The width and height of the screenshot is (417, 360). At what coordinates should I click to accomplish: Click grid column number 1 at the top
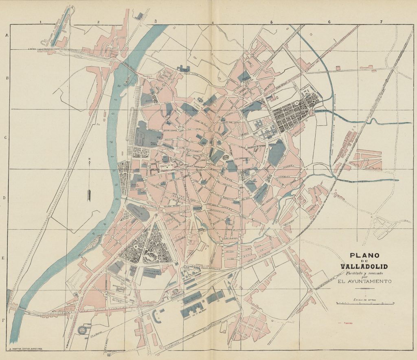pos(40,22)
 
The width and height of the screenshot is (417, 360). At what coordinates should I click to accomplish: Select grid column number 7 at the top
pos(381,22)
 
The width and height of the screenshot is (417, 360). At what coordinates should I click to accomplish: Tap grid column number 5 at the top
pos(271,22)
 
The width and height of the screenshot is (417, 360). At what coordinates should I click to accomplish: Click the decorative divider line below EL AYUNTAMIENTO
pos(365,288)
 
